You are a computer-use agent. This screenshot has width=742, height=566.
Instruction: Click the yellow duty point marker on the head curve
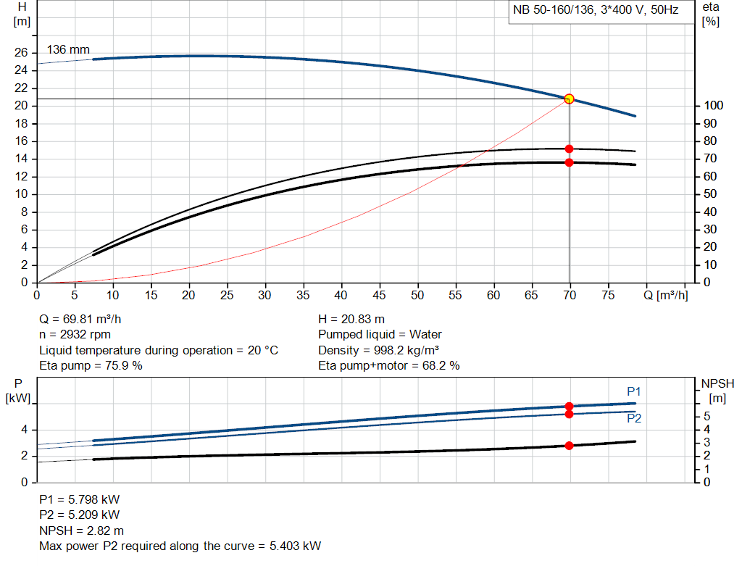pyautogui.click(x=569, y=99)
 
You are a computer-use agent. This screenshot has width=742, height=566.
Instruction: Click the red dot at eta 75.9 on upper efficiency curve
pyautogui.click(x=569, y=149)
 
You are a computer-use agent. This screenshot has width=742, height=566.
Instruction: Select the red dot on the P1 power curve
pyautogui.click(x=569, y=407)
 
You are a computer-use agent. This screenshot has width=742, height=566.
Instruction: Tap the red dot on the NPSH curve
pyautogui.click(x=569, y=445)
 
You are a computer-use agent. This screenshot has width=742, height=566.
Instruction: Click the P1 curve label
pyautogui.click(x=634, y=391)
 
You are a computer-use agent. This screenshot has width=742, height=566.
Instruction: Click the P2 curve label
pyautogui.click(x=634, y=418)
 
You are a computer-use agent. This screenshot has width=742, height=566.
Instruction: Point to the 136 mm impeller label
pyautogui.click(x=68, y=50)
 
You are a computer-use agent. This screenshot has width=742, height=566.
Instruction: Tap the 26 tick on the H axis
pyautogui.click(x=20, y=53)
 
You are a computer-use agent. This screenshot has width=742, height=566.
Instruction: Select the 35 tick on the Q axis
pyautogui.click(x=265, y=295)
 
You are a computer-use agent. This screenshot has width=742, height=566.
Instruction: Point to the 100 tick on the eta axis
pyautogui.click(x=712, y=106)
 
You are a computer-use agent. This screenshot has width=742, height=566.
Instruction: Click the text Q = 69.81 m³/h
pyautogui.click(x=86, y=319)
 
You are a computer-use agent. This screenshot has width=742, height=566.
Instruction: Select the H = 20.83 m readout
pyautogui.click(x=351, y=319)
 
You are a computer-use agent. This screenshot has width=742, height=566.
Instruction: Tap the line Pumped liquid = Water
pyautogui.click(x=380, y=335)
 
